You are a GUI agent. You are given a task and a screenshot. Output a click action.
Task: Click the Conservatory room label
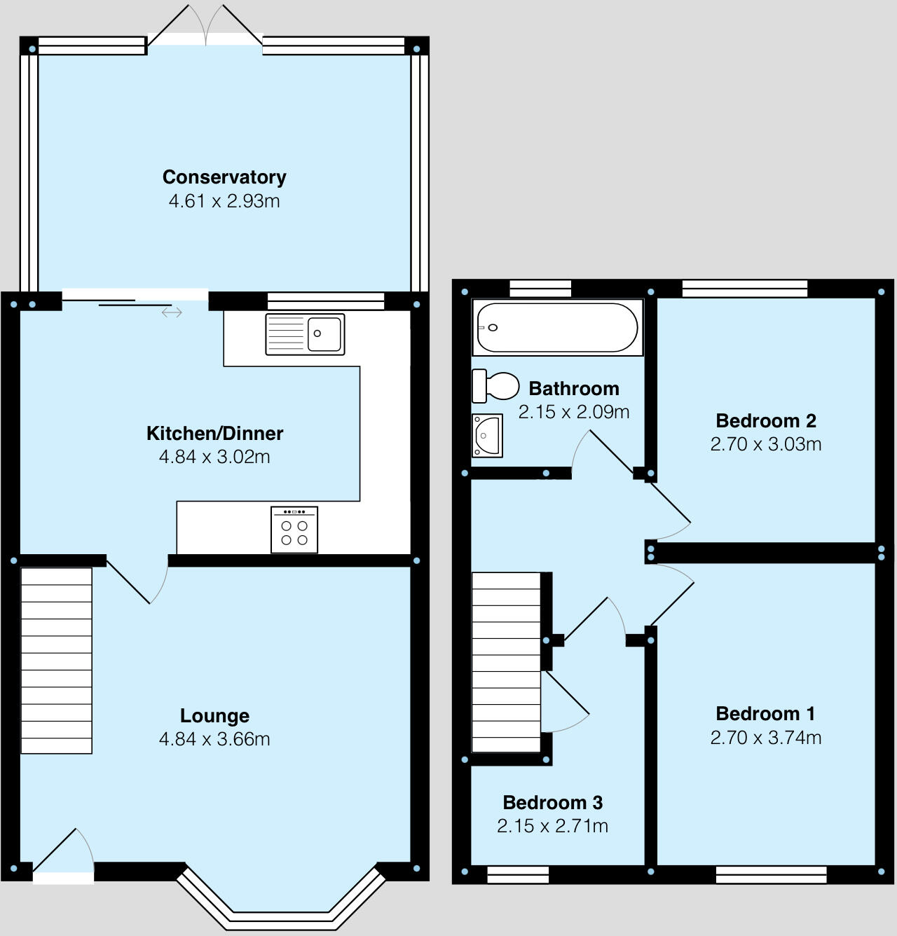(x=224, y=177)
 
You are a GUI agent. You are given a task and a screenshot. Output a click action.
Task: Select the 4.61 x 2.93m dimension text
(x=224, y=201)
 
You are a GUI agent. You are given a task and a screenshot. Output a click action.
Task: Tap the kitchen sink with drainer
(x=305, y=334)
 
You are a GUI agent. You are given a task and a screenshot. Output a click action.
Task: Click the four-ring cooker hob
(x=294, y=530)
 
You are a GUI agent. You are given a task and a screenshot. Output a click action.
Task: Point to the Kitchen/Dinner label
(x=214, y=434)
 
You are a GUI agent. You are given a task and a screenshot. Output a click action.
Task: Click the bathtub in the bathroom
(x=557, y=327)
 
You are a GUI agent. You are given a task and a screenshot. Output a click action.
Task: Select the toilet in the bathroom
(x=495, y=386)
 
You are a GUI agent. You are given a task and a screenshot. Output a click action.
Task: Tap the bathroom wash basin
(x=487, y=435)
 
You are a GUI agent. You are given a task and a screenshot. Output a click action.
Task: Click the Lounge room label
(x=214, y=716)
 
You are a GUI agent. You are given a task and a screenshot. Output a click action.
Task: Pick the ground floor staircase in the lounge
(x=57, y=660)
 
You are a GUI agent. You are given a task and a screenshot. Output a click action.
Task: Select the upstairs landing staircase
(x=507, y=662)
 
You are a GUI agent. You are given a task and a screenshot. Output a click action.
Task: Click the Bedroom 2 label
(x=766, y=421)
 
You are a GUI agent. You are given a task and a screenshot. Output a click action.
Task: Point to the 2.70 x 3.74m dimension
(x=766, y=738)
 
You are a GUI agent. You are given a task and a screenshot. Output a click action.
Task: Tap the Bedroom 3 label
(x=552, y=803)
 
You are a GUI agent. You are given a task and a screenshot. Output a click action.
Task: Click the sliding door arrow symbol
(x=172, y=312)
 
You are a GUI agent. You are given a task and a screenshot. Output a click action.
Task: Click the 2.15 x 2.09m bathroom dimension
(x=574, y=412)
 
